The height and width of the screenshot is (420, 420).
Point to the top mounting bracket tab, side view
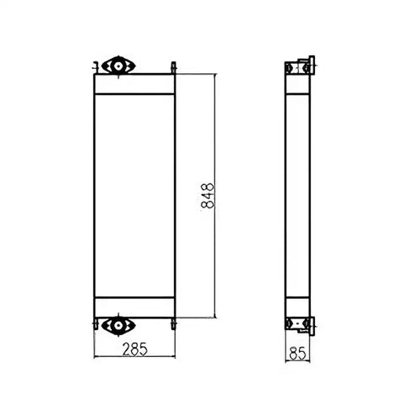click(312, 64)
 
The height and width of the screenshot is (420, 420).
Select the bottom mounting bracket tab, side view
click(312, 323)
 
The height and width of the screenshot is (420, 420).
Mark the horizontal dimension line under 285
click(134, 356)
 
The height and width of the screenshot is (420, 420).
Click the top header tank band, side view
click(297, 83)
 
